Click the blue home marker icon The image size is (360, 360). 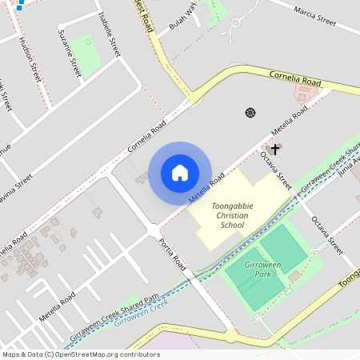click(x=180, y=172)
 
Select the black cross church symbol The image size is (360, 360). click(x=275, y=149)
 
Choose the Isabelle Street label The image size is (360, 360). click(x=107, y=35)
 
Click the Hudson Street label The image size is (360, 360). click(x=30, y=60)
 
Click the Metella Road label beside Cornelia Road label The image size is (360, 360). click(x=289, y=122)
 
